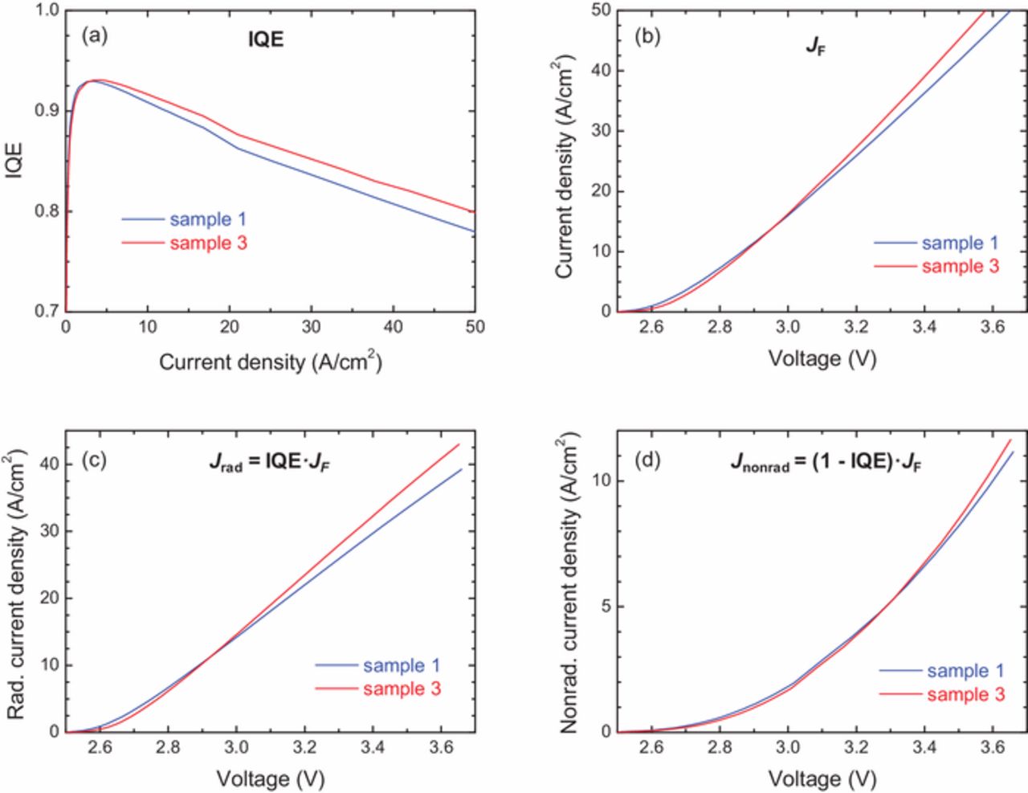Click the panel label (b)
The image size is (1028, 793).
click(x=647, y=36)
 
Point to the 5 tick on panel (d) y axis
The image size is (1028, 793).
click(x=606, y=607)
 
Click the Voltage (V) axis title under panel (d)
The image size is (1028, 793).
click(x=822, y=779)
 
